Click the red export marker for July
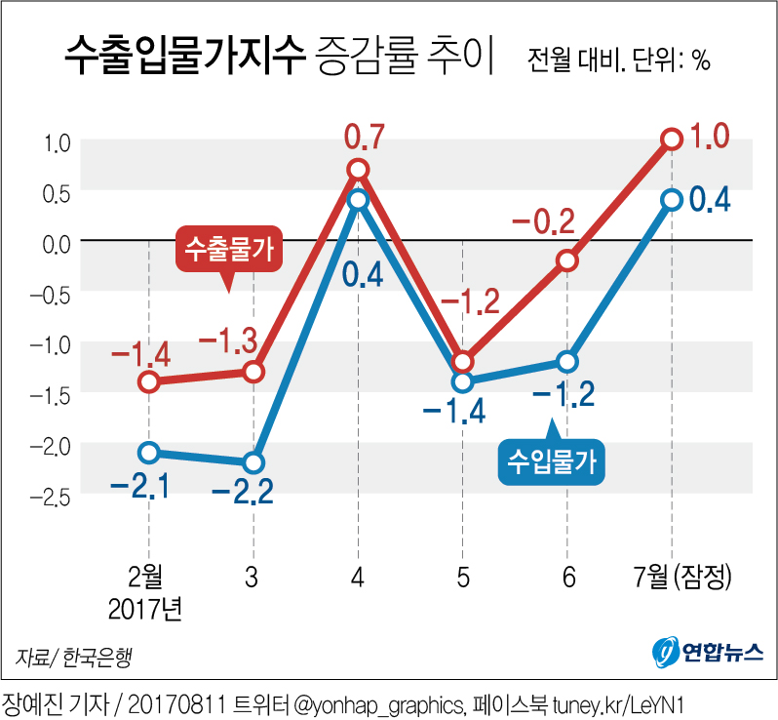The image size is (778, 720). click(x=672, y=140)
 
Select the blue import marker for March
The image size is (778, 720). click(x=253, y=462)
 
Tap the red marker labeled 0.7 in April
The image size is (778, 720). click(x=358, y=170)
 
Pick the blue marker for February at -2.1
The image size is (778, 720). click(x=148, y=452)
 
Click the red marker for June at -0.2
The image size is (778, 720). click(x=567, y=260)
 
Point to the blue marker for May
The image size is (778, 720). click(x=462, y=381)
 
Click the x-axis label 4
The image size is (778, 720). click(x=358, y=577)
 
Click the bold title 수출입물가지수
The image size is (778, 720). click(x=184, y=58)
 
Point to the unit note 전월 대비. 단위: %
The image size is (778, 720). click(x=618, y=60)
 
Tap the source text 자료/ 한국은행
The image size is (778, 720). click(x=73, y=657)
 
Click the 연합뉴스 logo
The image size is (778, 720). click(x=708, y=651)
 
